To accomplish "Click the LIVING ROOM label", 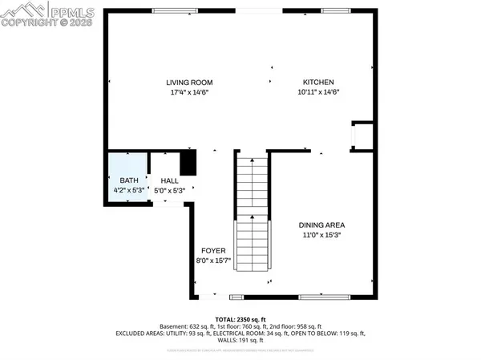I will click(x=189, y=83).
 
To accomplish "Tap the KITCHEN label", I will click(x=317, y=83).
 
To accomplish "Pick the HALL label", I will click(x=169, y=181).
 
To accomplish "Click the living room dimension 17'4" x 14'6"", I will click(x=189, y=94).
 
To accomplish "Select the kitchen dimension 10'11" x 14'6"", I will click(x=317, y=94).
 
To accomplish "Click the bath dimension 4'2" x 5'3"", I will click(x=128, y=191).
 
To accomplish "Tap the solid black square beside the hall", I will click(x=188, y=163).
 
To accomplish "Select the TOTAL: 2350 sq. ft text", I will click(x=240, y=319).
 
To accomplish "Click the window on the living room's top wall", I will click(x=178, y=10).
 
